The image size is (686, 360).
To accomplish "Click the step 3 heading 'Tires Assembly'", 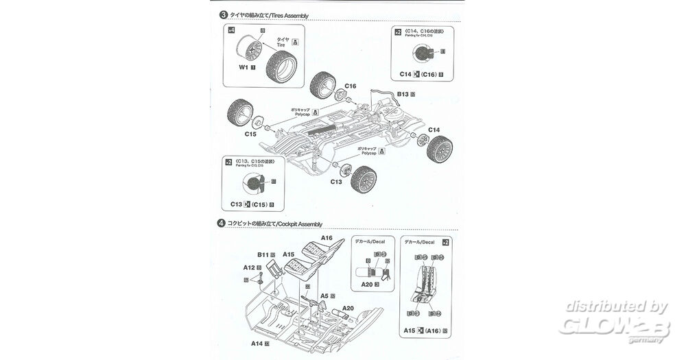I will [x=270, y=14].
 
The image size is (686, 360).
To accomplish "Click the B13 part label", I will [x=403, y=95].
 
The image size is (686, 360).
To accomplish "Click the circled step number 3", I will [x=222, y=14].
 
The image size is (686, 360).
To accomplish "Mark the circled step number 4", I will [x=221, y=224].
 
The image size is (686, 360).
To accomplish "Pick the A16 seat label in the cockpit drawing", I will [x=326, y=238].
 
